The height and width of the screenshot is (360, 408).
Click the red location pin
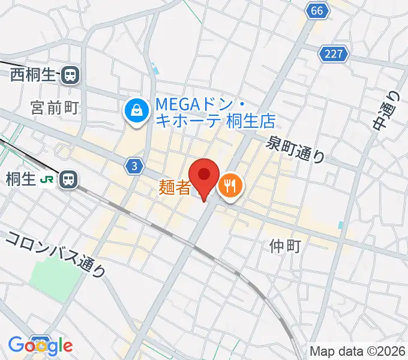point(205,175)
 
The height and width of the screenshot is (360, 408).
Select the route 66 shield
point(317,10)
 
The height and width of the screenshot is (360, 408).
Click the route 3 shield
point(136,165)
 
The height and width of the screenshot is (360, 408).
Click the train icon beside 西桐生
point(71,75)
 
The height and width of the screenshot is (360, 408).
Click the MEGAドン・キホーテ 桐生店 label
point(215,113)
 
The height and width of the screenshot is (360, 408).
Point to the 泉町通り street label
point(296,148)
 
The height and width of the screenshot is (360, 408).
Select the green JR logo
point(46,179)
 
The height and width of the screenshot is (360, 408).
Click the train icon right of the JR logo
point(70,179)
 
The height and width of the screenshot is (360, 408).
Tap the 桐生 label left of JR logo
point(20,179)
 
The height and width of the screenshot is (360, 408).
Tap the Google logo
point(40,345)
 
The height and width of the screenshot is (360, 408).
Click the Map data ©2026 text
point(357,351)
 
